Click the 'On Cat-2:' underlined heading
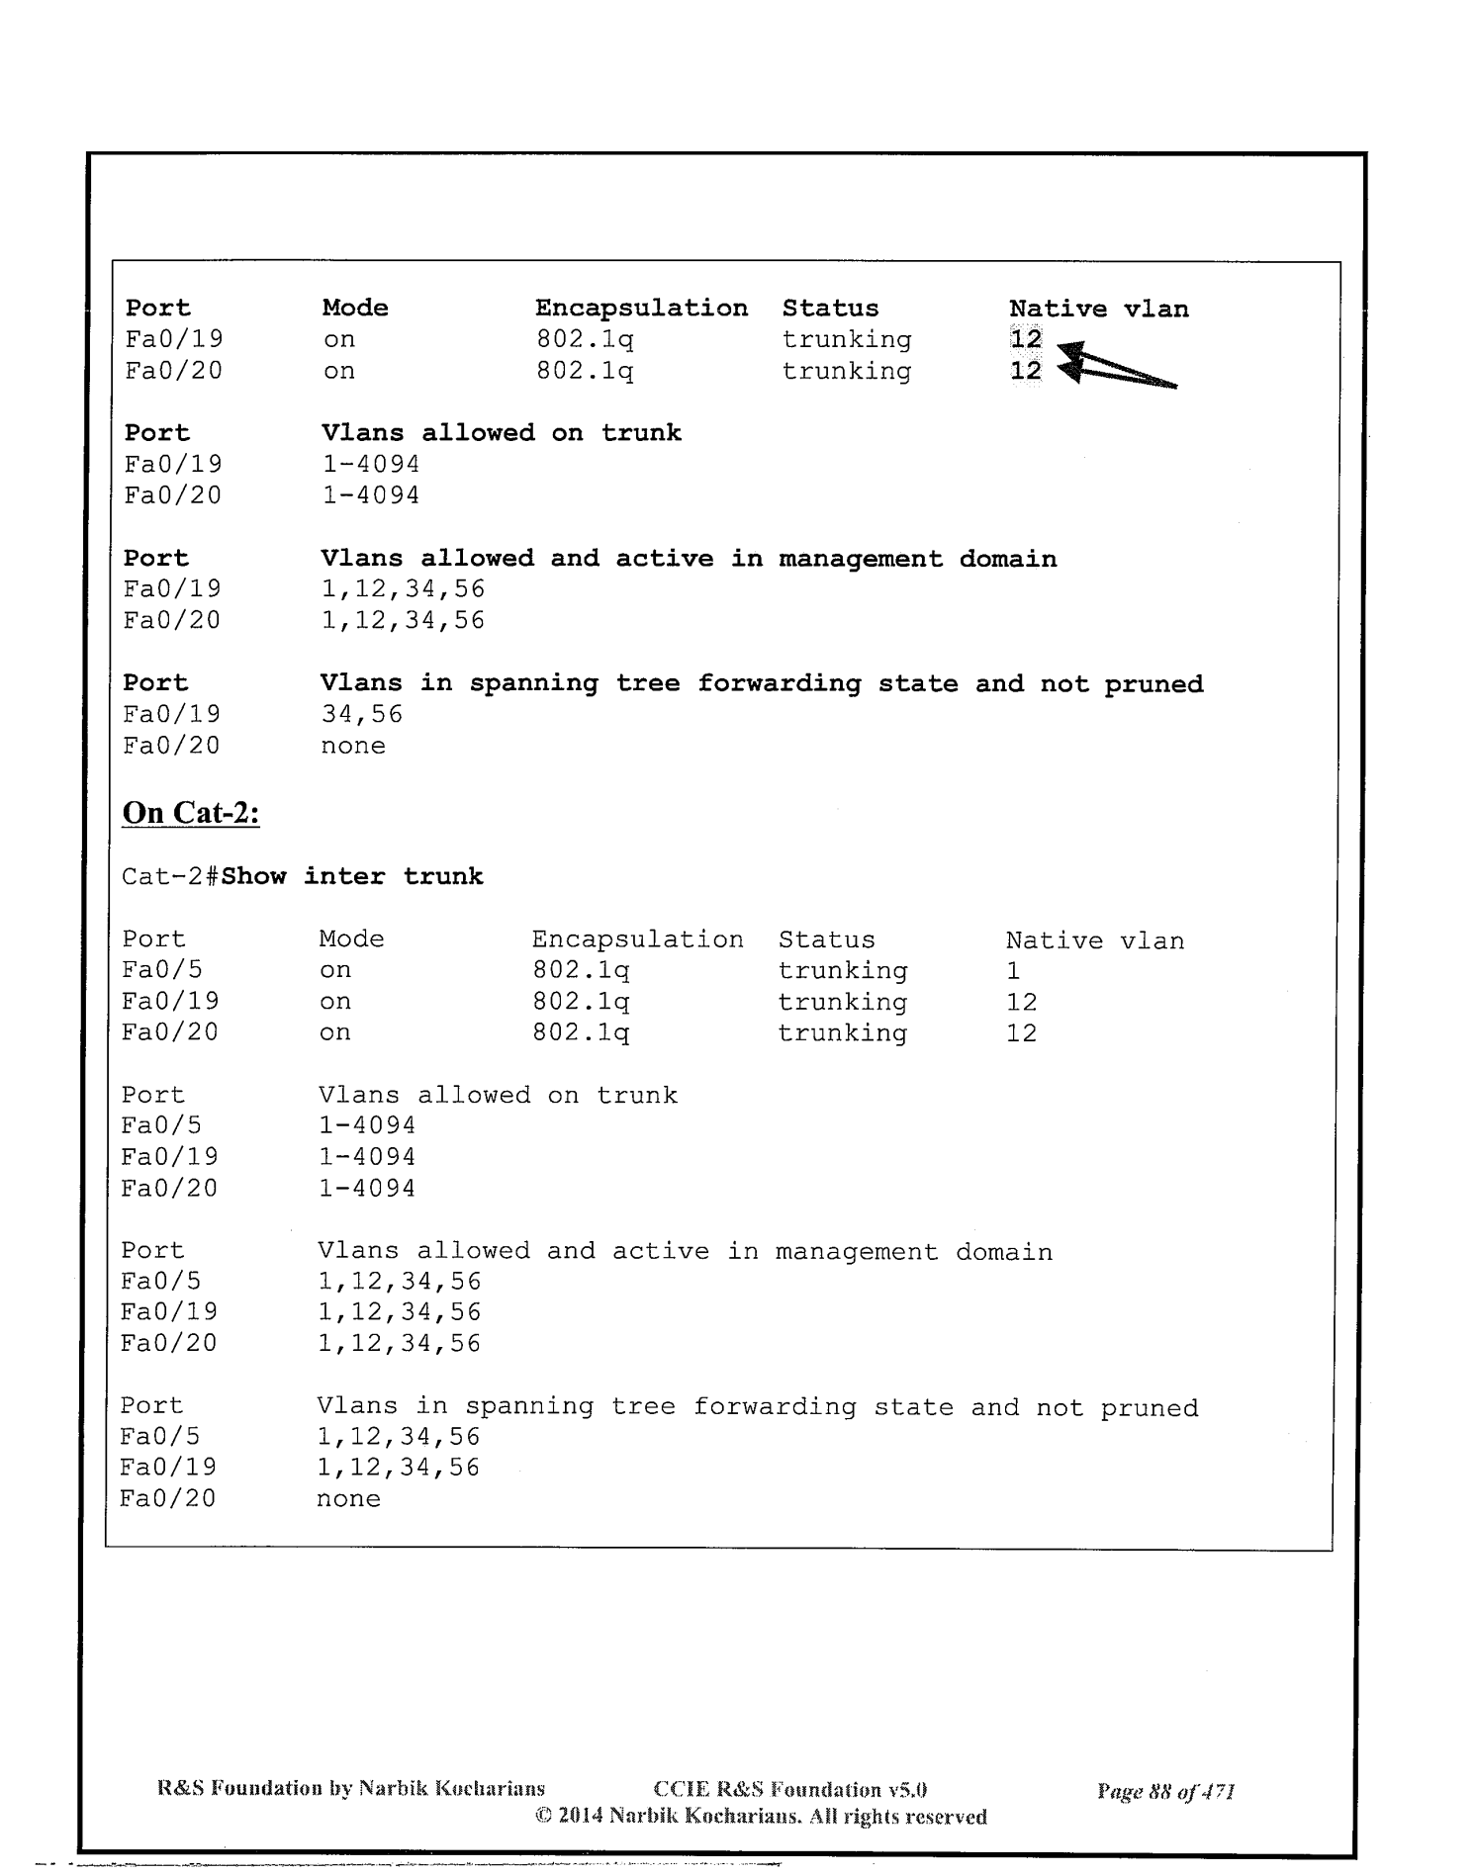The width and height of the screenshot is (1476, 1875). point(190,813)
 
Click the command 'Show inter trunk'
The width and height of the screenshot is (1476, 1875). point(352,876)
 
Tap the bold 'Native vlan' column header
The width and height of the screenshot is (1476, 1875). point(1098,309)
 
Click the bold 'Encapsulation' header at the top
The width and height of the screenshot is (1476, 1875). point(641,309)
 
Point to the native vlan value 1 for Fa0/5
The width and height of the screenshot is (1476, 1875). point(1013,970)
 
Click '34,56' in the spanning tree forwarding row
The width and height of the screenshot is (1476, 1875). point(362,714)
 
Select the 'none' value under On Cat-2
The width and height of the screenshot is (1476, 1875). point(348,1498)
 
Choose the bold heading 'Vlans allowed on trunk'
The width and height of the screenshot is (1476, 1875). point(502,433)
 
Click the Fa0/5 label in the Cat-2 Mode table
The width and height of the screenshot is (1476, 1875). point(161,970)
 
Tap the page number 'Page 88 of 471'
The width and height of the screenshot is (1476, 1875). point(1165,1790)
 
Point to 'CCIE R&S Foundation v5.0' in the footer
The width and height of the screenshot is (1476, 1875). point(790,1790)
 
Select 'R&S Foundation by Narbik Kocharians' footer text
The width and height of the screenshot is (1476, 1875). point(351,1788)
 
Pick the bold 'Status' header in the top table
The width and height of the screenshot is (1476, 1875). point(830,309)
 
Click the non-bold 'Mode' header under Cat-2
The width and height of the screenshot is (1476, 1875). point(351,938)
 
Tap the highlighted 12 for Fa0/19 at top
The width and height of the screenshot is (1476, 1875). point(1026,339)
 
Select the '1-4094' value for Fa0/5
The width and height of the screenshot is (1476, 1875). point(367,1125)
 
